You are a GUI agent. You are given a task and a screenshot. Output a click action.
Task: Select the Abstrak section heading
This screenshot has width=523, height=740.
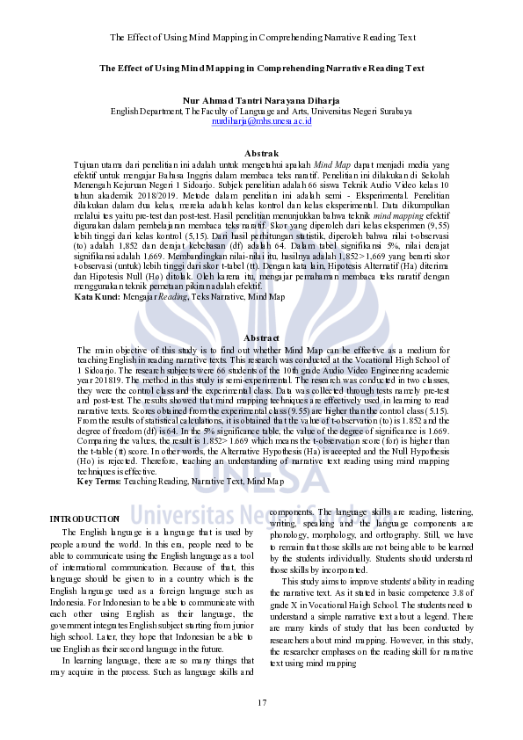coord(261,153)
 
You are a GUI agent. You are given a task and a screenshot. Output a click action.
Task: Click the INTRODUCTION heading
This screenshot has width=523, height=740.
coord(84,519)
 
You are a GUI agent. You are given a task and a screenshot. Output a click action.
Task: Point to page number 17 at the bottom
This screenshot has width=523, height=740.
coord(261,702)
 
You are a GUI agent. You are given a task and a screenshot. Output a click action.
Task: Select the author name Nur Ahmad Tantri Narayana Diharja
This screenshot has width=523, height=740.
coord(261,101)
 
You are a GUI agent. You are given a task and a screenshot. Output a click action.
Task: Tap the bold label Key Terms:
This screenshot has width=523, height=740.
coord(98,481)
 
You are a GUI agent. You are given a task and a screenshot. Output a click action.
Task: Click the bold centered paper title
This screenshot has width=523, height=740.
coord(261,68)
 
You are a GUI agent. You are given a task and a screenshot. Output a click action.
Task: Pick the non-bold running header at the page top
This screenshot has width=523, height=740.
coord(261,38)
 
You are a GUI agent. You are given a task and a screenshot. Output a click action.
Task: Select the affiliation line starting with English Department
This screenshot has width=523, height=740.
coord(261,111)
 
